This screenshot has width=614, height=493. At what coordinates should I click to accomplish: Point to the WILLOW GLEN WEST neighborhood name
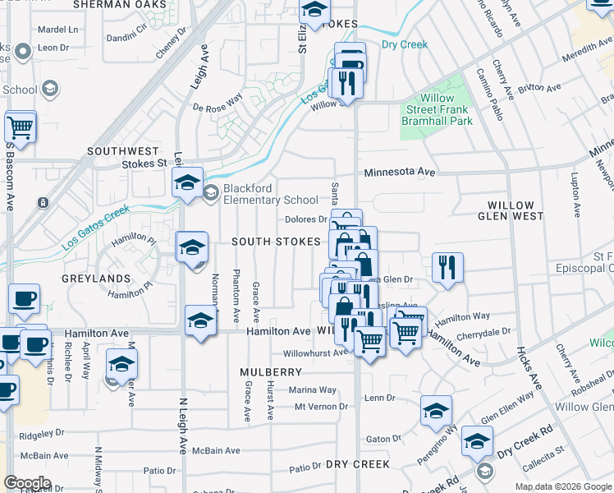(511, 210)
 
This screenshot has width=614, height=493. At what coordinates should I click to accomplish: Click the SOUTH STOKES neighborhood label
(275, 242)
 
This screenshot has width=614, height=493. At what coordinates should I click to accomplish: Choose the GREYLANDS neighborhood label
(91, 279)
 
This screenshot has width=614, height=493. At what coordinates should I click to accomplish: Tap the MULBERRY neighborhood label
(272, 372)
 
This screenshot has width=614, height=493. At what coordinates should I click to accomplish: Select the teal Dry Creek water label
(404, 44)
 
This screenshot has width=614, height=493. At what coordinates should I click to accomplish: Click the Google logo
(27, 483)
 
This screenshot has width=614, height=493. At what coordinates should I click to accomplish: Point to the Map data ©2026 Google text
(562, 486)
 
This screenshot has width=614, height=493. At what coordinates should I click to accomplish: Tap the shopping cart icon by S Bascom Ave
(21, 128)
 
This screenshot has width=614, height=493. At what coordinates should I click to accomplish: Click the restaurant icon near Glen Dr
(447, 267)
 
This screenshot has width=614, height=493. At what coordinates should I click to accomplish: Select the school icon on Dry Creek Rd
(477, 441)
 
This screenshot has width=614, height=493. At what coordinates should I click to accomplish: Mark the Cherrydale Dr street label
(483, 331)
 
